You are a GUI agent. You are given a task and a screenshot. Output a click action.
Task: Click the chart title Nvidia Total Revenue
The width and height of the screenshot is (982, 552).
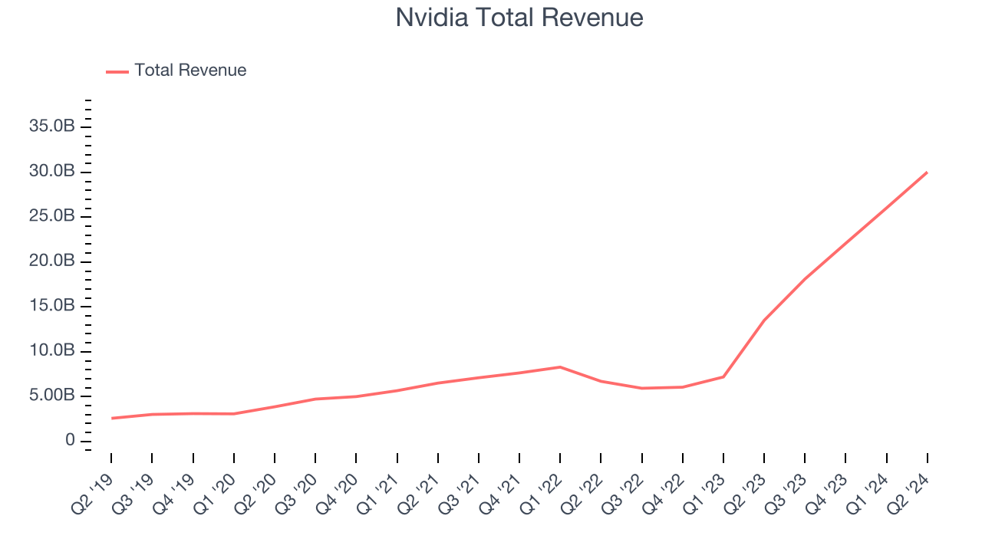(519, 18)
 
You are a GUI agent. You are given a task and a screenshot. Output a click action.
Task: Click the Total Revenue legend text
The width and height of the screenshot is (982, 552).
(190, 71)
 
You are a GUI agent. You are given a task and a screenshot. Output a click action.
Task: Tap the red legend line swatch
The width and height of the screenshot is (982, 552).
(117, 71)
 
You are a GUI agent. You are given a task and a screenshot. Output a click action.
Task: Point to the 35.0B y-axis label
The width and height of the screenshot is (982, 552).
(52, 127)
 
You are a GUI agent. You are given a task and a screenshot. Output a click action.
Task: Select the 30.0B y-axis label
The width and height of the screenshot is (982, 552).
(52, 171)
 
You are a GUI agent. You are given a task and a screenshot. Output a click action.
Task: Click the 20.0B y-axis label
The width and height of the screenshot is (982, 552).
(52, 261)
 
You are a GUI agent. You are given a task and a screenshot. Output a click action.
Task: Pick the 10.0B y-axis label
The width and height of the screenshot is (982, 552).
(52, 351)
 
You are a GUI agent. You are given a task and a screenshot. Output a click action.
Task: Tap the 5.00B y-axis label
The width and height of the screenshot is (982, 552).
(52, 396)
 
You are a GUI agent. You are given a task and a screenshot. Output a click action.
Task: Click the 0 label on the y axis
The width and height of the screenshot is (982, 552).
(70, 441)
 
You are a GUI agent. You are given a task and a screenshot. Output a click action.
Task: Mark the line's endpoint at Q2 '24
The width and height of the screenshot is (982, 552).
(927, 172)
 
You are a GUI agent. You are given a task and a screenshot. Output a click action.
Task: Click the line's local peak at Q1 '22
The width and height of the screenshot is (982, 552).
(560, 366)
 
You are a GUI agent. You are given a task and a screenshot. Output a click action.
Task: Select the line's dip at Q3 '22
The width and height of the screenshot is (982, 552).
(641, 388)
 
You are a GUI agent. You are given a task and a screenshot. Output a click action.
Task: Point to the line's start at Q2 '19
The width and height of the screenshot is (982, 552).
(111, 418)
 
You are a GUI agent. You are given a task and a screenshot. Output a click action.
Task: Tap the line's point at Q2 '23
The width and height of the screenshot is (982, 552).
(764, 320)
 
